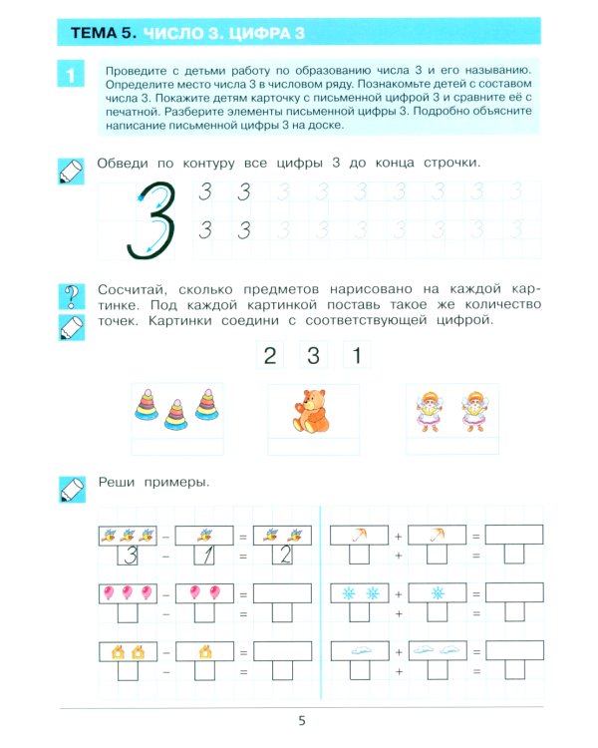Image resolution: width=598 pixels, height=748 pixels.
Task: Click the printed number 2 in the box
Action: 267,356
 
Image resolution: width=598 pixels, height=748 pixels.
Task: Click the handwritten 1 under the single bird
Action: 204,556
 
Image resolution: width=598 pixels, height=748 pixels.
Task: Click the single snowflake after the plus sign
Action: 437,593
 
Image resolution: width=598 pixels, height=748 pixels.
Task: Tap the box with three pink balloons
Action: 127,593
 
